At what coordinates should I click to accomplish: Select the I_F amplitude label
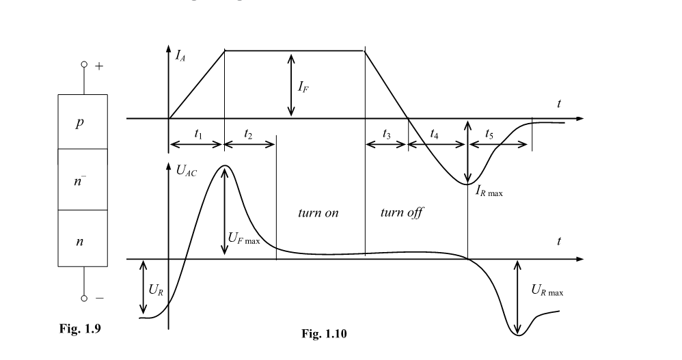tap(303, 87)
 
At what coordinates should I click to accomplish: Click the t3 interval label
tap(387, 135)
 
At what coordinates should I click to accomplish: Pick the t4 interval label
tap(435, 135)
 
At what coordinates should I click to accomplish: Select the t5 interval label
tap(489, 135)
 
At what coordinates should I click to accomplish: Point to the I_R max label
tap(489, 192)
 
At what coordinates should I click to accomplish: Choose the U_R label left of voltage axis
tap(156, 289)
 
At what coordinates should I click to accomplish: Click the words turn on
tap(318, 212)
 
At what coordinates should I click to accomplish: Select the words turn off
tap(401, 212)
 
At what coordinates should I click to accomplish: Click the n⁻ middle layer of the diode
tap(81, 180)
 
